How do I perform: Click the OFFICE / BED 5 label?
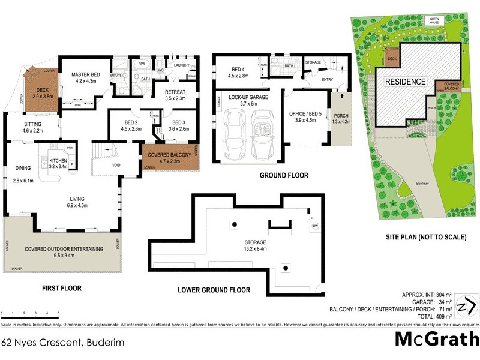[306, 114]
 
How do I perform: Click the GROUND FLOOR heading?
[283, 176]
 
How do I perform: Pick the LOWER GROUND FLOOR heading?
[214, 290]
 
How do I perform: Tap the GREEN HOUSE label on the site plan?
[435, 20]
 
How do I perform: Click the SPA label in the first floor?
[142, 64]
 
